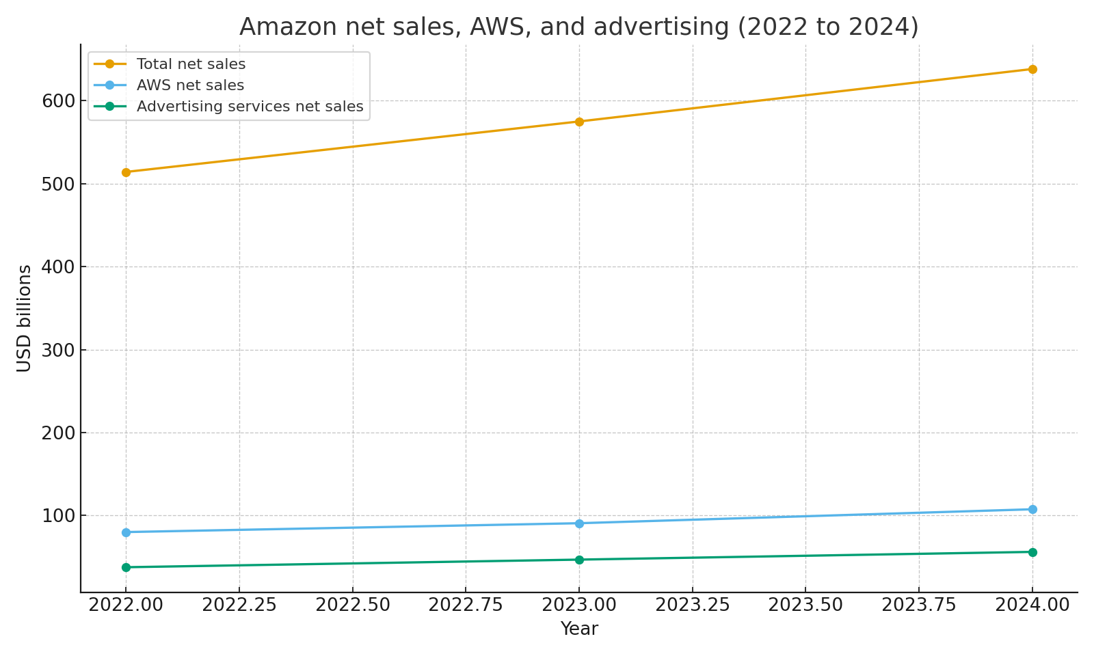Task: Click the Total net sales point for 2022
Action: click(126, 172)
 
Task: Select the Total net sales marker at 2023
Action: click(579, 122)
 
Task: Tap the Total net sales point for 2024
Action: click(1032, 69)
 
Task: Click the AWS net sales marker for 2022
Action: click(126, 532)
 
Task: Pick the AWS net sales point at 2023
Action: click(579, 523)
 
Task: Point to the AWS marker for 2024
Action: click(1032, 509)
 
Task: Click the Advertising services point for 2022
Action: click(126, 567)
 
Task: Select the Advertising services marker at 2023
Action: click(579, 560)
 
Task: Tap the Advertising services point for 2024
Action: click(1032, 552)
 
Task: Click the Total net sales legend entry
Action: click(191, 64)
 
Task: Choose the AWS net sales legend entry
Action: click(190, 85)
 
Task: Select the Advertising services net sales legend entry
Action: click(250, 107)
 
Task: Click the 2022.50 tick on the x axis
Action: click(353, 605)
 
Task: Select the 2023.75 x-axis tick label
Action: click(918, 605)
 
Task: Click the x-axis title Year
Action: click(579, 629)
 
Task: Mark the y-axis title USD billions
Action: click(25, 318)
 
